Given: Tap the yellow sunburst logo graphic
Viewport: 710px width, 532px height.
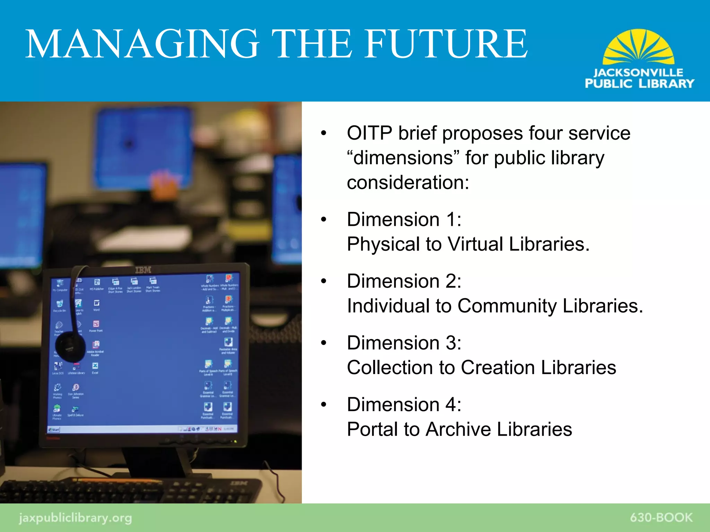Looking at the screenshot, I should [638, 47].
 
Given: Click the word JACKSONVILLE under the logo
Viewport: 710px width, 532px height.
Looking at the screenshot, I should [638, 73].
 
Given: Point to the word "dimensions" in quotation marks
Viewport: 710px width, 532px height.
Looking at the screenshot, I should [403, 158].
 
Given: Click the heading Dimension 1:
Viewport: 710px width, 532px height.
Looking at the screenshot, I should [404, 220].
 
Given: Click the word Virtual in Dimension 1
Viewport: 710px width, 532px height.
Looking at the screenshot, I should [475, 244].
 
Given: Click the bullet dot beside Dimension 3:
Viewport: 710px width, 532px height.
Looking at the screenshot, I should [324, 343].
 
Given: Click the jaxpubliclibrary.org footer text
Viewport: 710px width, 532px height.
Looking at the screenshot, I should [75, 518].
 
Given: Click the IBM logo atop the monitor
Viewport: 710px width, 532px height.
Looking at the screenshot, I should [143, 270].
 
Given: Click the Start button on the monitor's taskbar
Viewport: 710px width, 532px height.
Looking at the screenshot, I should [54, 429].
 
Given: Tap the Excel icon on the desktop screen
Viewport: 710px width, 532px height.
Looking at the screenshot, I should [95, 366].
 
